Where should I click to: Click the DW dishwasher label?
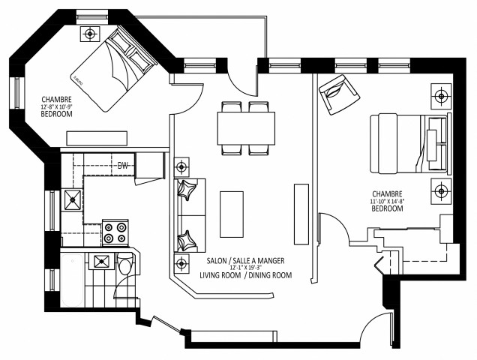pos(122,165)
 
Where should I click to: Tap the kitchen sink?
pos(73,199)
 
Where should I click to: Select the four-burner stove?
pos(114,232)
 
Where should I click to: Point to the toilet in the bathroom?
pos(125,264)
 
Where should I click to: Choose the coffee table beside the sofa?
pos(232,213)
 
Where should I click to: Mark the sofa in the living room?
pos(190,217)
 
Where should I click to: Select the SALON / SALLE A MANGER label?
pos(244,260)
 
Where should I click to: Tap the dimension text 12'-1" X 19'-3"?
pos(245,268)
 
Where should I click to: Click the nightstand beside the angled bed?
pos(90,33)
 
